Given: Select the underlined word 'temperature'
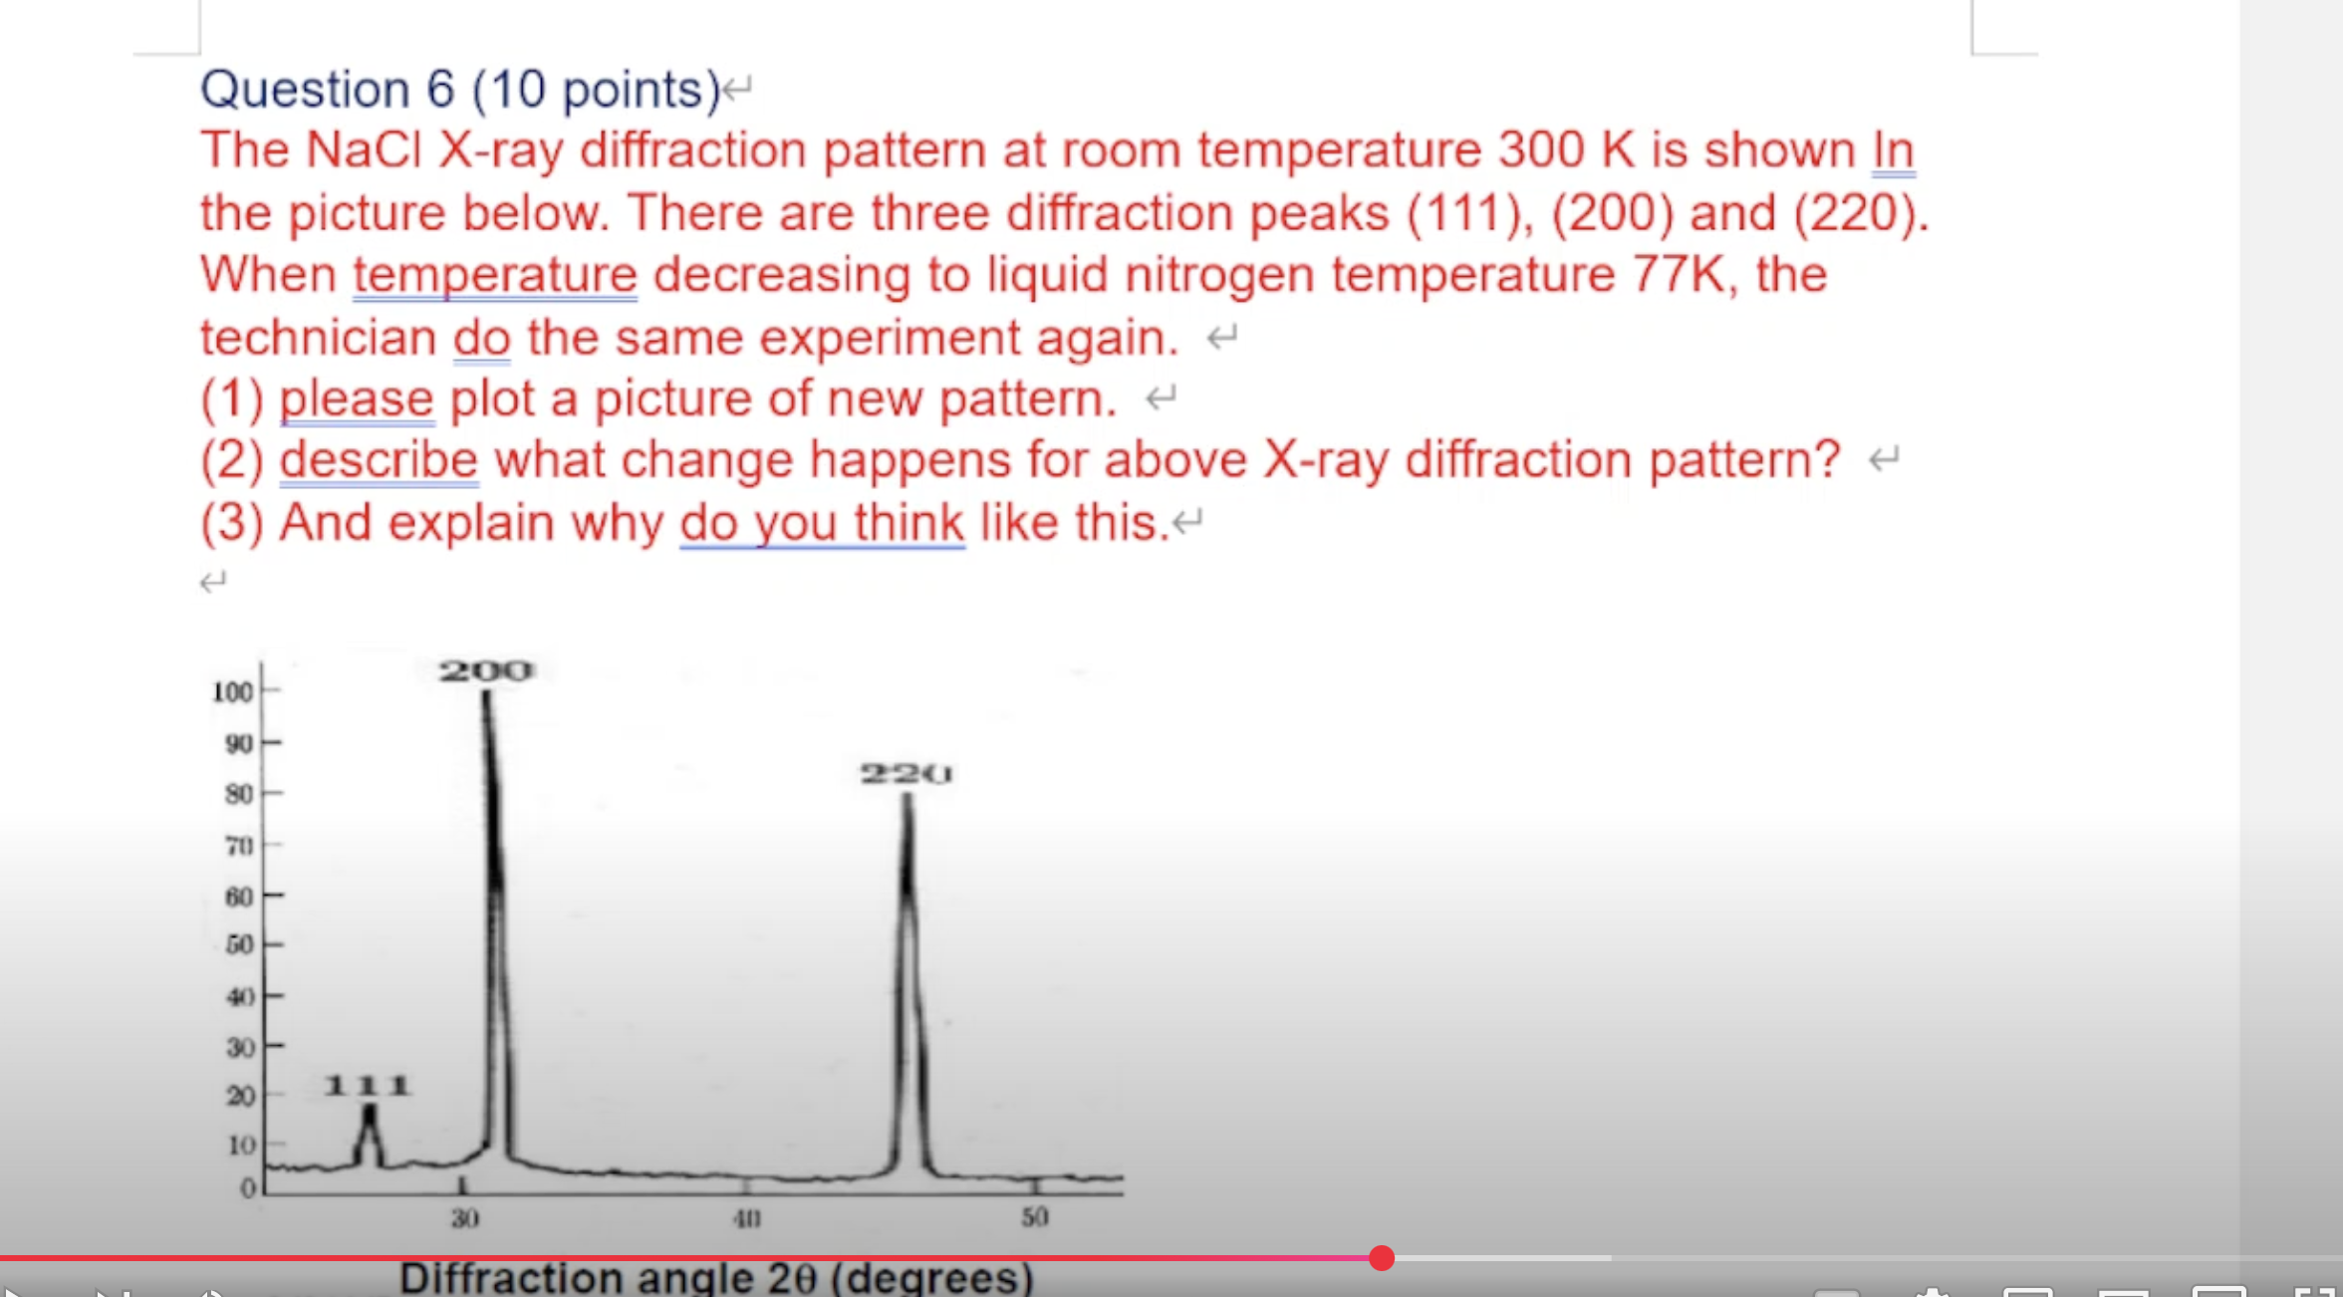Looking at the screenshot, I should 494,275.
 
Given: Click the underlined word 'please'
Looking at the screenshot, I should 356,399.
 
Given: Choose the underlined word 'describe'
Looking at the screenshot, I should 379,460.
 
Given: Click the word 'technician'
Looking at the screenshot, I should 318,338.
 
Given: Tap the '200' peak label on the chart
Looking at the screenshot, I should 486,670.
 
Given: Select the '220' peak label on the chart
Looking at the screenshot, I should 906,774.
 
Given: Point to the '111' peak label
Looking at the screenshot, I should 367,1085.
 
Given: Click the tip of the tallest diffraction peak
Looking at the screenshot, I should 486,694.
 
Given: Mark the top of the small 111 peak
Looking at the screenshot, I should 370,1109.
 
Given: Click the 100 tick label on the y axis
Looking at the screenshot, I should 232,691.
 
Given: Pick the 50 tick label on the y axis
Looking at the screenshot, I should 239,944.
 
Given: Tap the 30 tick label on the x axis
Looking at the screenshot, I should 464,1217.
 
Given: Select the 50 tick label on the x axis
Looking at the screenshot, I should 1034,1216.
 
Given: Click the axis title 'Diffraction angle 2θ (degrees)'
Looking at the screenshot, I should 715,1278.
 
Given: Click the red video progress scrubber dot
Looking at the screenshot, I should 1381,1258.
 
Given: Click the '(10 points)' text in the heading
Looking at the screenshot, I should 596,90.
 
